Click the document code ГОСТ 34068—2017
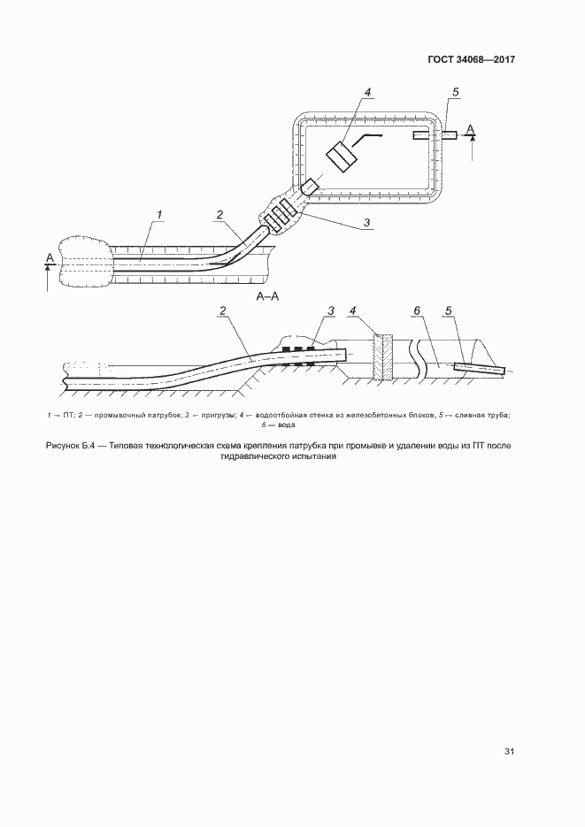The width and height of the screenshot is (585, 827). coord(471,59)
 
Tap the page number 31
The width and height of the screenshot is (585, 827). coord(509,752)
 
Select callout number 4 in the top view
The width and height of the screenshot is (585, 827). coord(367,92)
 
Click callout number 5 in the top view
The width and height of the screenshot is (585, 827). coord(455,92)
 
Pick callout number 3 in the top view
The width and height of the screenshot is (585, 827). coord(366,223)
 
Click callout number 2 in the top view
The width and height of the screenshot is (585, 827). coord(219,215)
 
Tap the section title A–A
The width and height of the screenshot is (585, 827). coord(267,297)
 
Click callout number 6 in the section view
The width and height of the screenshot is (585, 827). coord(417,310)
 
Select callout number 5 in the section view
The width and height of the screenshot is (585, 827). coord(449,310)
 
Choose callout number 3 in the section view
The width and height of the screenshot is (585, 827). coord(331,310)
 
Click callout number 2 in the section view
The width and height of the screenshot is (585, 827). coord(223,310)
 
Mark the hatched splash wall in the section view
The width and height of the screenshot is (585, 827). coord(383,356)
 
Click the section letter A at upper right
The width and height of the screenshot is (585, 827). coord(472,128)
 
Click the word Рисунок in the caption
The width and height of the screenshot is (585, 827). coord(62,446)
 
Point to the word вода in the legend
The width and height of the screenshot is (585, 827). coord(287,425)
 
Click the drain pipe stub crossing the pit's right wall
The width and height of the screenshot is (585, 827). coord(435,135)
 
